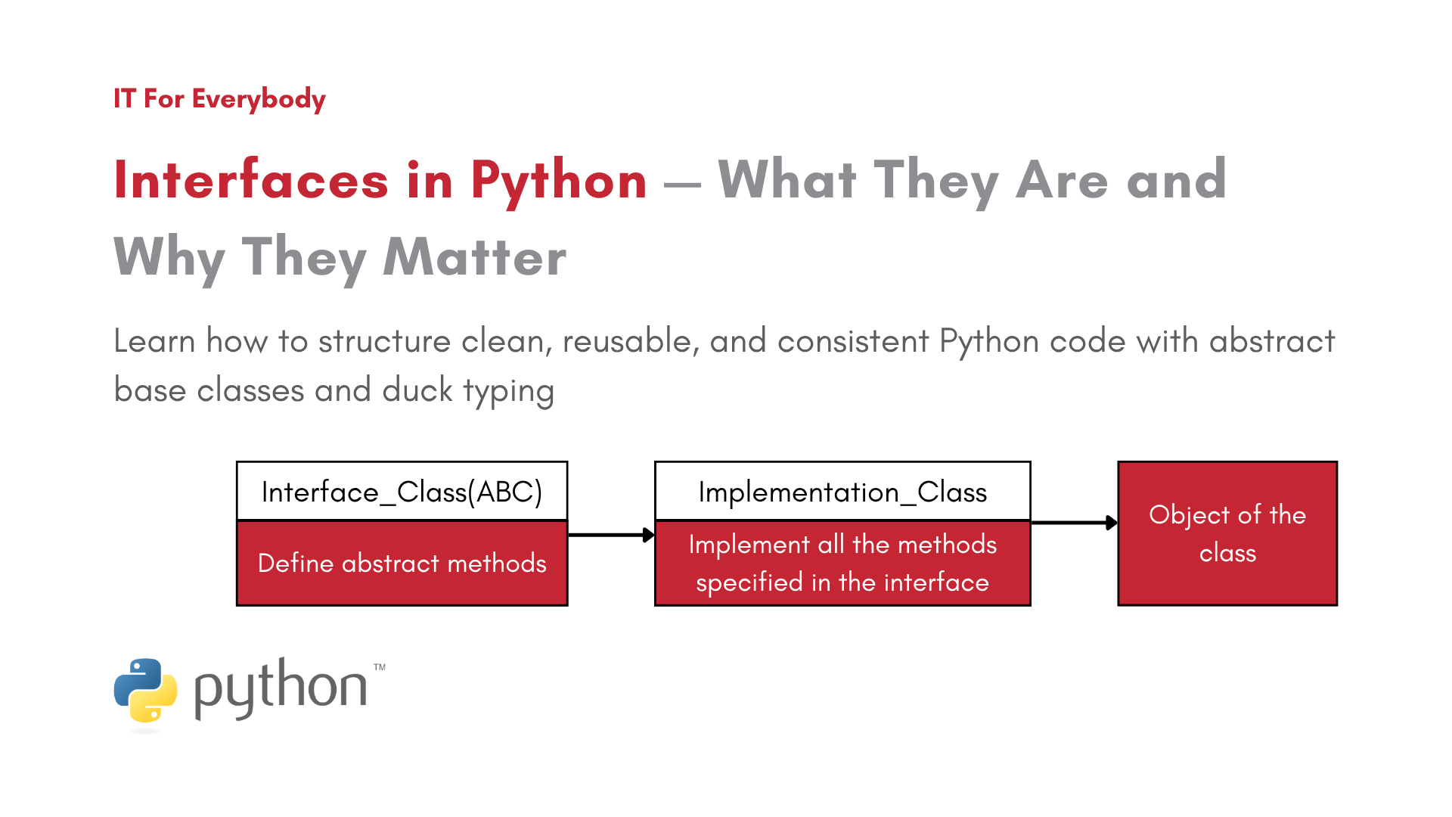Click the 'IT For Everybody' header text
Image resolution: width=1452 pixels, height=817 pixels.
tap(219, 99)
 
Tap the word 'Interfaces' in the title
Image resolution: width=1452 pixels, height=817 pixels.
tap(251, 182)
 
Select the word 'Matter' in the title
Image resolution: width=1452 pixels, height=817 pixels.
tap(474, 258)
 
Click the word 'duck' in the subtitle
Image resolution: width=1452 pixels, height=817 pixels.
tap(417, 390)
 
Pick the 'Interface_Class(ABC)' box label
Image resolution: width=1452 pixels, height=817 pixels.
tap(402, 492)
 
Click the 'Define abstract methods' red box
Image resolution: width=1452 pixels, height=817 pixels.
tap(402, 563)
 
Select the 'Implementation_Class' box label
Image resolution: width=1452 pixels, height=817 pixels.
tap(842, 492)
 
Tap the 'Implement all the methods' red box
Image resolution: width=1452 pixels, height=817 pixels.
tap(842, 563)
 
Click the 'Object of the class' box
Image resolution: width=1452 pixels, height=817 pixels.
tap(1227, 533)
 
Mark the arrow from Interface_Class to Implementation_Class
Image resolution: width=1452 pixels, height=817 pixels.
tap(611, 535)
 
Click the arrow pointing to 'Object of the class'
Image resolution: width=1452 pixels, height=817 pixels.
tap(1074, 522)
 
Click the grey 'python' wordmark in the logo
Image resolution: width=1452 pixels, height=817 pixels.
tap(281, 688)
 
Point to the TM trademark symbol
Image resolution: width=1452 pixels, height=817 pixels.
tap(380, 667)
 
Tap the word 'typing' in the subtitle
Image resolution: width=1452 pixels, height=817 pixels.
tap(508, 392)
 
